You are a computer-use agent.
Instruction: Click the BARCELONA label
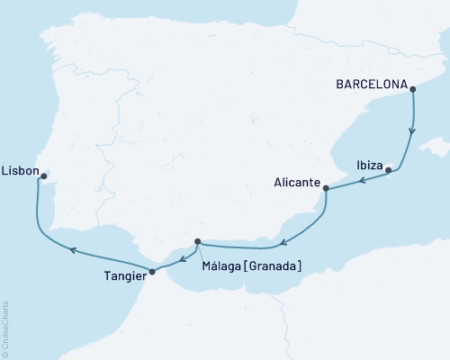tap(370, 87)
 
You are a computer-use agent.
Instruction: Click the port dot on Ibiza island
tap(388, 170)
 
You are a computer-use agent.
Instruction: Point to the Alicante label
tap(298, 182)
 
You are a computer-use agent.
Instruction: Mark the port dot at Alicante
tap(326, 189)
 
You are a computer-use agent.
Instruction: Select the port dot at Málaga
tap(197, 240)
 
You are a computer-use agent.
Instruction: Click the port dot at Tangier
tap(151, 271)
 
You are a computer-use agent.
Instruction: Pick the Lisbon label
tap(19, 167)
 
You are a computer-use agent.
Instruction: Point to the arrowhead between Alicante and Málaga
tap(282, 241)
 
